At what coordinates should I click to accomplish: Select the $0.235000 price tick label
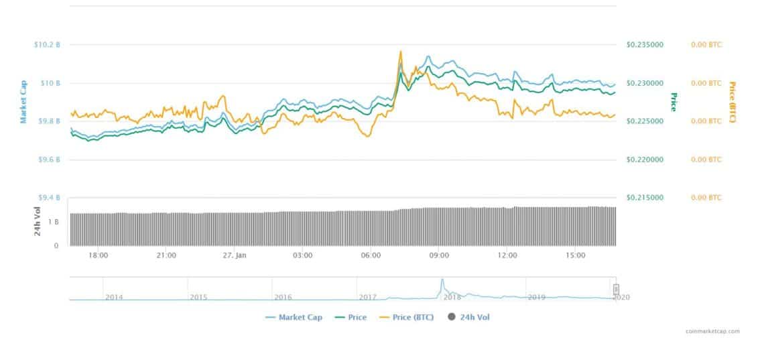click(x=644, y=45)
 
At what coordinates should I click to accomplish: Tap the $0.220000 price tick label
click(x=644, y=160)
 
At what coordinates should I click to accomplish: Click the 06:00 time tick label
click(x=371, y=255)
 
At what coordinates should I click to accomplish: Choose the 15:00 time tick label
click(x=576, y=255)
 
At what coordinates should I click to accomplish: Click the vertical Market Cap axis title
click(x=23, y=102)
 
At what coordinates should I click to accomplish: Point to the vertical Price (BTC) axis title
click(x=732, y=102)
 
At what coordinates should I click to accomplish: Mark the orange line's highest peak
click(x=400, y=51)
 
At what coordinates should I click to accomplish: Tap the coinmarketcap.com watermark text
click(x=713, y=331)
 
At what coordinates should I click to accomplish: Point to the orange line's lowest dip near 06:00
click(x=366, y=136)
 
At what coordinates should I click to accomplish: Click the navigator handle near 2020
click(x=616, y=290)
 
